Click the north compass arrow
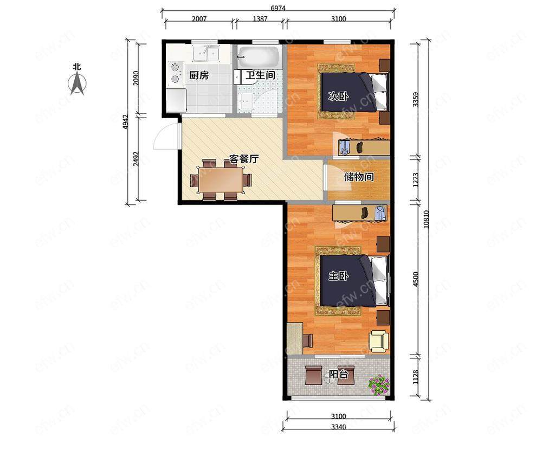(x=78, y=83)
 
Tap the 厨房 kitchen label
(x=199, y=75)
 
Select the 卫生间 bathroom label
(x=260, y=75)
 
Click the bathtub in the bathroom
(x=259, y=57)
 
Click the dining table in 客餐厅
(x=221, y=180)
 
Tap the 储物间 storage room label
(x=359, y=177)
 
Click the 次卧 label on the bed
(x=338, y=97)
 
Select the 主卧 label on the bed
(x=338, y=275)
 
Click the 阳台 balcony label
(x=338, y=374)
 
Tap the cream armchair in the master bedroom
(x=379, y=342)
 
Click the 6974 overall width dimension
(x=278, y=8)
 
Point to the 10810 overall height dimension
(x=426, y=219)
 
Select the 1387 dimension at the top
(x=260, y=18)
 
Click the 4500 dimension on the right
(x=416, y=279)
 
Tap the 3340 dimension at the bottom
(x=338, y=427)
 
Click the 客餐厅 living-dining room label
(x=244, y=159)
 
